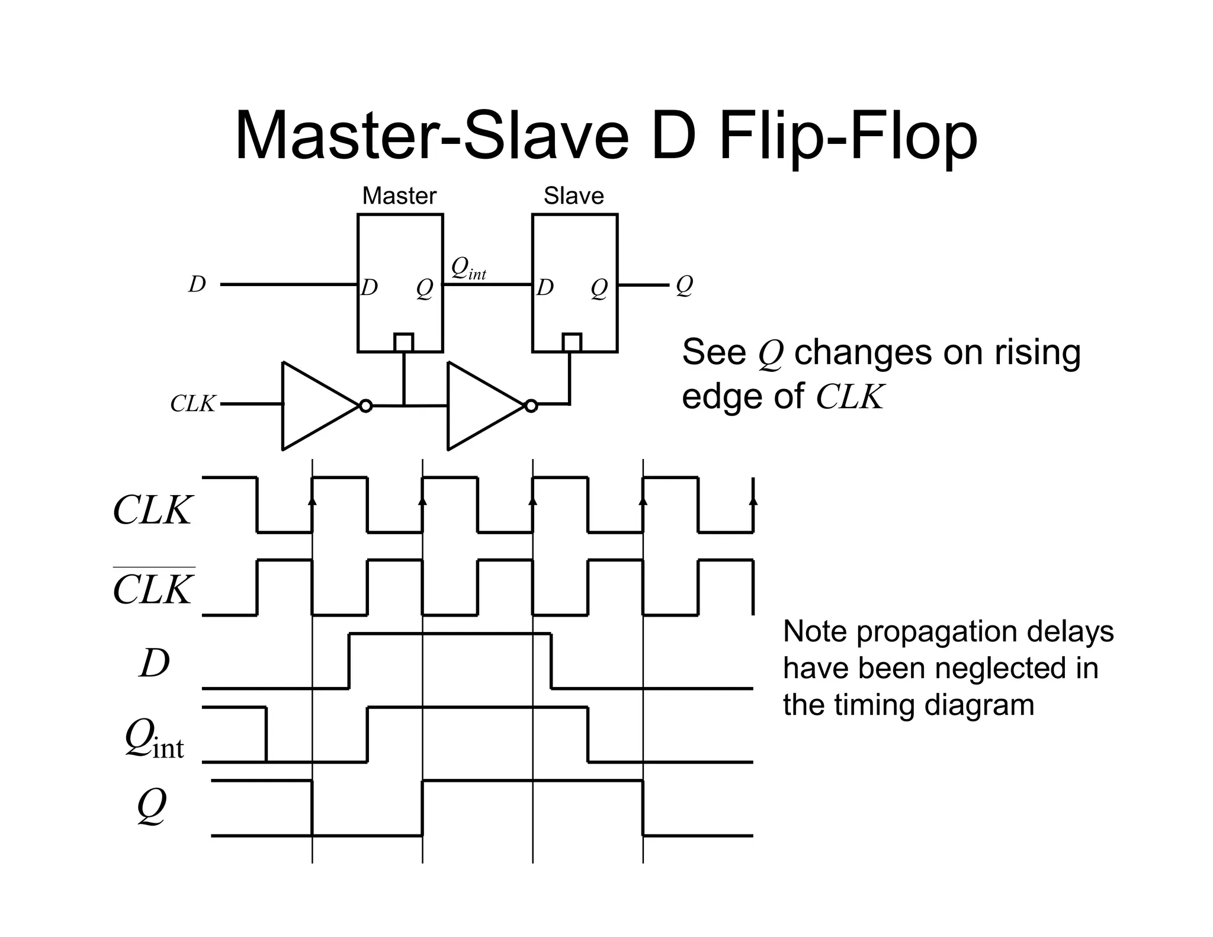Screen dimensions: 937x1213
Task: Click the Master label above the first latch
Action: point(399,195)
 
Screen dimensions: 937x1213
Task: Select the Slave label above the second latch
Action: point(573,195)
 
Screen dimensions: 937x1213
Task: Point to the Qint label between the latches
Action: point(468,269)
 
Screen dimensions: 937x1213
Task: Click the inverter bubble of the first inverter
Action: point(366,406)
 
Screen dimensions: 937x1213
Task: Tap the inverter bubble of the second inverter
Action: point(531,406)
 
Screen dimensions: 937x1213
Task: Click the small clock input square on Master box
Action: point(404,342)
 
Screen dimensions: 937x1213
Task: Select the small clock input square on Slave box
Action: point(572,342)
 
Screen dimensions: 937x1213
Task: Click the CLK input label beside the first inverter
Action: point(192,404)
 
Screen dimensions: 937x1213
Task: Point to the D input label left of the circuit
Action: point(197,284)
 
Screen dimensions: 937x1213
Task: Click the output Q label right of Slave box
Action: point(684,285)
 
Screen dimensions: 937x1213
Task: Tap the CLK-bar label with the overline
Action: point(153,589)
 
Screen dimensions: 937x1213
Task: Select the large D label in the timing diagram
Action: point(155,663)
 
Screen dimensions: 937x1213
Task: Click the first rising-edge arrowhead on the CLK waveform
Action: point(313,500)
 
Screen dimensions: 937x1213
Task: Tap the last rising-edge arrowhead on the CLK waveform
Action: point(753,500)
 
